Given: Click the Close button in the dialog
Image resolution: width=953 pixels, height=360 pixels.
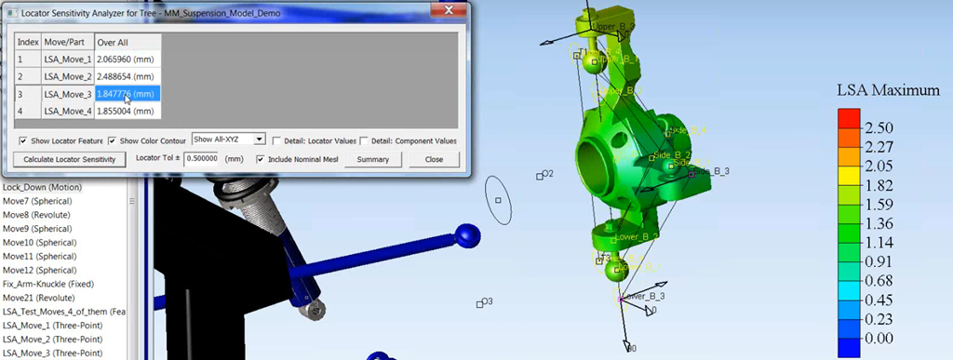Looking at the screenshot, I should tap(434, 159).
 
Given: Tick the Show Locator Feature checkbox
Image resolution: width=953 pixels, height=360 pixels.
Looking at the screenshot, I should tap(23, 140).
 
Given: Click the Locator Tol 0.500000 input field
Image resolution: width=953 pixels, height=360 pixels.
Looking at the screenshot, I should tap(202, 159).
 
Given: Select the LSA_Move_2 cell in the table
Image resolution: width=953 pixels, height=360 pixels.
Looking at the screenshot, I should tap(68, 75).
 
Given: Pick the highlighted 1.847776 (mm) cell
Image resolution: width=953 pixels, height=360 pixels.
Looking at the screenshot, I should tap(128, 93).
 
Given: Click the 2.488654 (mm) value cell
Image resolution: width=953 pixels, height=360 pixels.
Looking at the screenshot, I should tap(128, 75).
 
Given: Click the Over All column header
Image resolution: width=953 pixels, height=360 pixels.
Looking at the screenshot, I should tap(128, 42).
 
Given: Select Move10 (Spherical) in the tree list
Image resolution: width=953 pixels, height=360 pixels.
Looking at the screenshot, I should tap(38, 242).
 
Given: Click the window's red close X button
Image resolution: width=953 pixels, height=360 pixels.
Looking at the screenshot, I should tap(445, 10).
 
